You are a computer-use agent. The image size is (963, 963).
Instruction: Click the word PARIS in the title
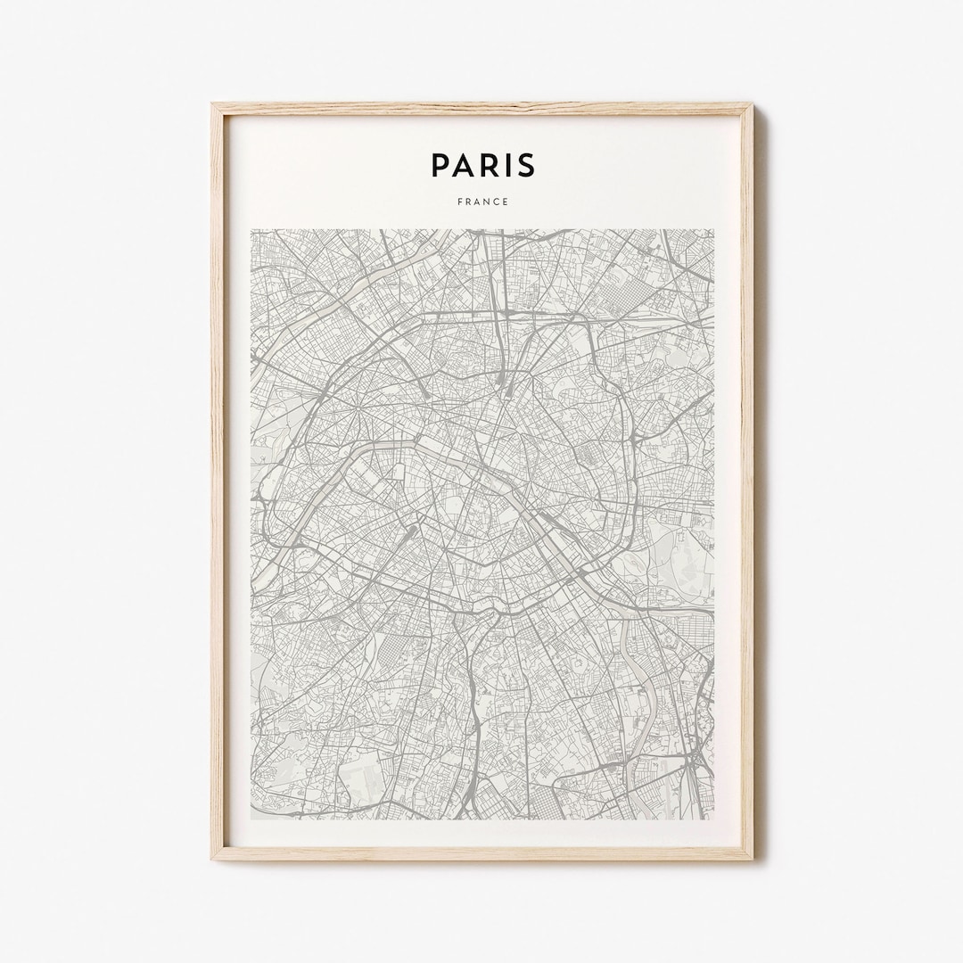coord(482,165)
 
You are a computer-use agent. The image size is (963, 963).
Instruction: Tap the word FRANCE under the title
coord(482,202)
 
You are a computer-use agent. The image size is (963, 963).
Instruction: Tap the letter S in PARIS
coord(523,165)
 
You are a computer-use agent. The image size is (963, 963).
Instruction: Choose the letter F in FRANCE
coord(459,202)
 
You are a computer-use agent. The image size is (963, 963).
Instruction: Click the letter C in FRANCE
coord(495,202)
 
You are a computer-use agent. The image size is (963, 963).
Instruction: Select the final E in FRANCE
coord(506,202)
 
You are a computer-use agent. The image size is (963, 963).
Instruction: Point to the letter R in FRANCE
coord(467,202)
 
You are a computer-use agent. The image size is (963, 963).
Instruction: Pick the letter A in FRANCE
coord(475,202)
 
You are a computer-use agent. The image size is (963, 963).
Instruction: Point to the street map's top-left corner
coord(251,230)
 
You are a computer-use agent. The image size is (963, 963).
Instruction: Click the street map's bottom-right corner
coord(713,819)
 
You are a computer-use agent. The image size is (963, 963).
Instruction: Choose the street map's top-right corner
coord(713,230)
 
